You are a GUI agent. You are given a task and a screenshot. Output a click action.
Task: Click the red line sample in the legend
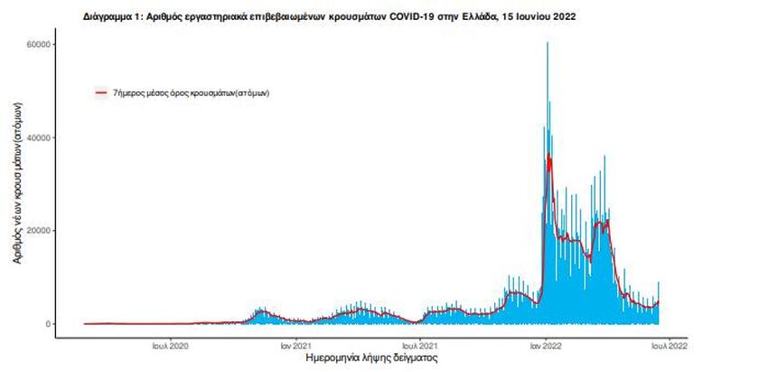102,93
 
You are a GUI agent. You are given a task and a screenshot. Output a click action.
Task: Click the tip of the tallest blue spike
548,43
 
